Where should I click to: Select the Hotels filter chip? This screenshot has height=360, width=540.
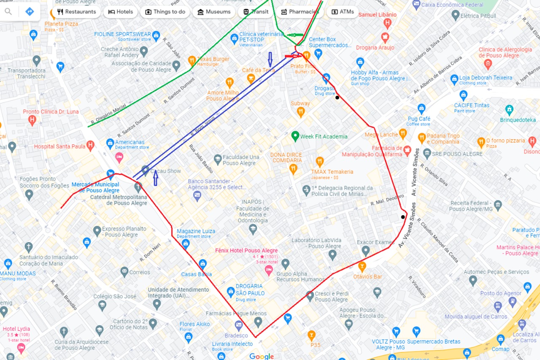tap(120, 12)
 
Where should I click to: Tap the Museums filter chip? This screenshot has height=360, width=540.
tap(214, 12)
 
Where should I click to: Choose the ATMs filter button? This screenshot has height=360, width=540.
tap(343, 12)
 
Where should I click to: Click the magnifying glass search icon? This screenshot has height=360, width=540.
tap(8, 11)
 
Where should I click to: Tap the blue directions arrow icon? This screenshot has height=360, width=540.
tap(30, 11)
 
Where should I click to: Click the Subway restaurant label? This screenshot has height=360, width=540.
tap(300, 103)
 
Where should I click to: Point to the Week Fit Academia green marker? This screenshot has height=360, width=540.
tap(295, 136)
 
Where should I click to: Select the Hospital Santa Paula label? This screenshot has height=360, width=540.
tap(59, 146)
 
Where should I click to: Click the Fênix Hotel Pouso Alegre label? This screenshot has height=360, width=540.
tap(246, 250)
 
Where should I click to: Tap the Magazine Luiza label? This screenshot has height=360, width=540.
tap(196, 231)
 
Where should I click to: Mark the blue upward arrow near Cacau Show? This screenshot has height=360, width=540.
tap(155, 178)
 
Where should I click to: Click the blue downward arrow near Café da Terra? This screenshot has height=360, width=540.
tap(270, 59)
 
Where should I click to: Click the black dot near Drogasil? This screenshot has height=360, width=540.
tap(337, 98)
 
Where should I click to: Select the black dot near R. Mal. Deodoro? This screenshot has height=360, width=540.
tap(403, 217)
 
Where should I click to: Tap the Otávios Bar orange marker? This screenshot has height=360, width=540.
tap(362, 266)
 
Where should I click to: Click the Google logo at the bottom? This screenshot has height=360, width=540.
tap(262, 356)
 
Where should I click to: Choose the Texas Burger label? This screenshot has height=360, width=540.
tap(213, 59)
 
